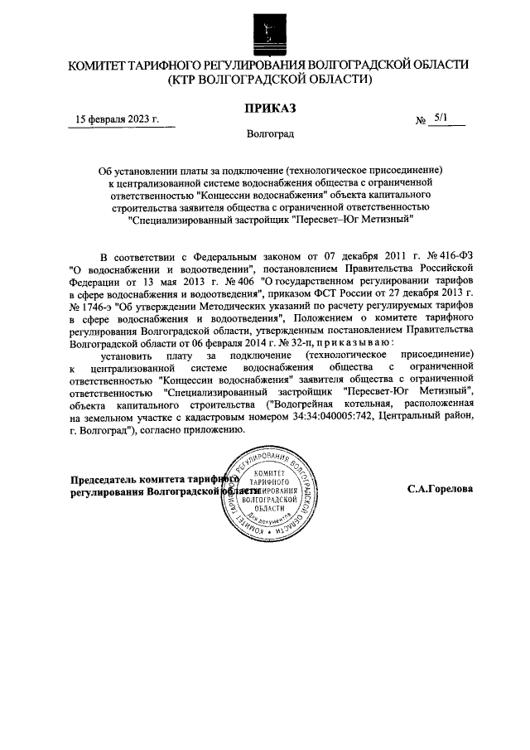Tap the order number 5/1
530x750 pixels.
[440, 119]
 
